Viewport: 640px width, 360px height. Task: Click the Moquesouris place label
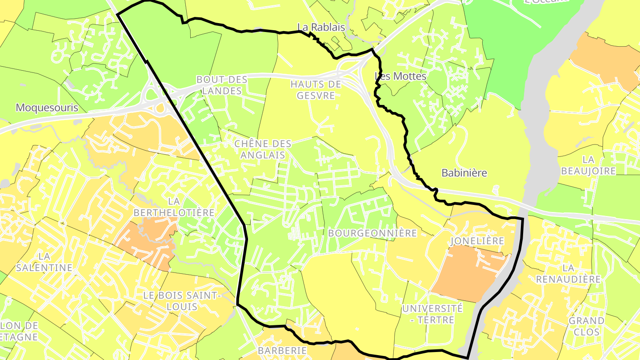47,108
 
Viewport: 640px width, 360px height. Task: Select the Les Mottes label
400,76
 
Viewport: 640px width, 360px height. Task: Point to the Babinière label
464,173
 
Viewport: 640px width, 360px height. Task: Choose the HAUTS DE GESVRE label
316,89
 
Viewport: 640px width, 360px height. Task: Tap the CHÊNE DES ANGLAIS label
263,149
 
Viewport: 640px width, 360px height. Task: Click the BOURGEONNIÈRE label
372,233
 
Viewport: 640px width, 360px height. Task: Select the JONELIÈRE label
477,241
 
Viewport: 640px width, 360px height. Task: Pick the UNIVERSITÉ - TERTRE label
432,314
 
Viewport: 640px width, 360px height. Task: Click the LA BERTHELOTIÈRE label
174,207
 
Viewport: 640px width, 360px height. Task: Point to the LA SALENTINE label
44,262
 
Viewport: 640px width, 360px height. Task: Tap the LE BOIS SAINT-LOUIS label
182,301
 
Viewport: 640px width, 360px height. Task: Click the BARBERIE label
282,350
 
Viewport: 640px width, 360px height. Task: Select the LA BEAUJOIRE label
588,165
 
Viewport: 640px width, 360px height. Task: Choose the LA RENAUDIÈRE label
568,274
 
